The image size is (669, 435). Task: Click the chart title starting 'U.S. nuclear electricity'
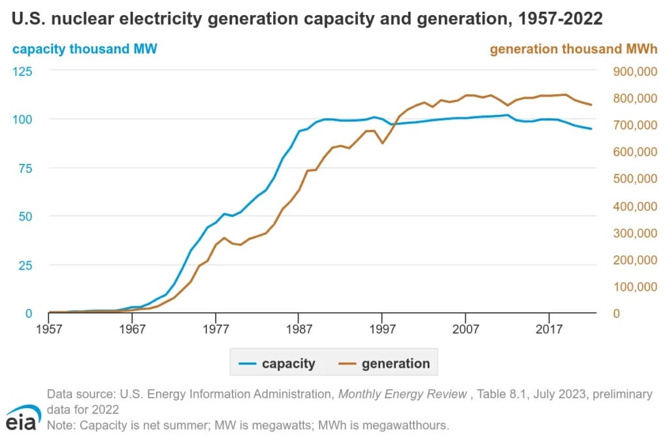tap(307, 20)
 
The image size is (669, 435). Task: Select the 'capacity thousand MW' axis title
tap(85, 49)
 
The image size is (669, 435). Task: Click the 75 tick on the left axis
tap(25, 167)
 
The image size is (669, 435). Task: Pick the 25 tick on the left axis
tap(25, 265)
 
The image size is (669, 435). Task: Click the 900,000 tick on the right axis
tap(630, 71)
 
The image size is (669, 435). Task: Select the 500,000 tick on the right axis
tap(630, 178)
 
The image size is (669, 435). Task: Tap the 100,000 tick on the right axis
tap(630, 286)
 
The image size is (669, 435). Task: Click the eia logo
tap(22, 417)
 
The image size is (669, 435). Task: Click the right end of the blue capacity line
tap(591, 129)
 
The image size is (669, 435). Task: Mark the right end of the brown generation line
tap(591, 105)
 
